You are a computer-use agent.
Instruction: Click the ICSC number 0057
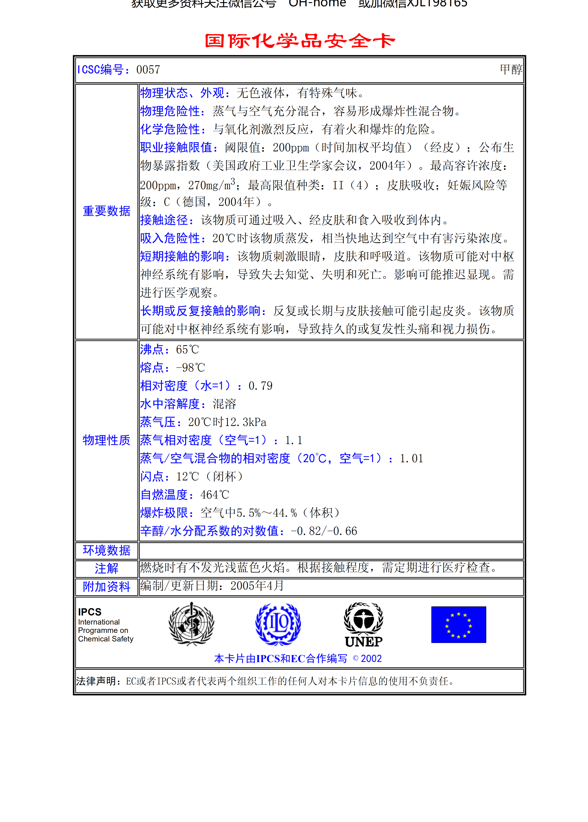coord(148,70)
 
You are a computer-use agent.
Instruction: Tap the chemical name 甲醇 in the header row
coord(511,70)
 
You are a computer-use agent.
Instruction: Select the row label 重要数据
coord(107,211)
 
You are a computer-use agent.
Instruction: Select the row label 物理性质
coord(107,440)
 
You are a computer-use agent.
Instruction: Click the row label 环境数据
coord(107,550)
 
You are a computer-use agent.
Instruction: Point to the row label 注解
coord(107,568)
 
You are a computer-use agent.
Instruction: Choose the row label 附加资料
coord(107,586)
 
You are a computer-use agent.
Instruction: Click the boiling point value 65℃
coord(188,350)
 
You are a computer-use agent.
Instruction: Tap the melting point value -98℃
coord(190,368)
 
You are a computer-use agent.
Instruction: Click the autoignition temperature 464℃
coord(215,495)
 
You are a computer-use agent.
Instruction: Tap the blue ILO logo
coord(278,624)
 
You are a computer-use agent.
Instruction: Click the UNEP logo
coord(364,625)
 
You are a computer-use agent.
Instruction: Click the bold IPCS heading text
coord(90,612)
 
